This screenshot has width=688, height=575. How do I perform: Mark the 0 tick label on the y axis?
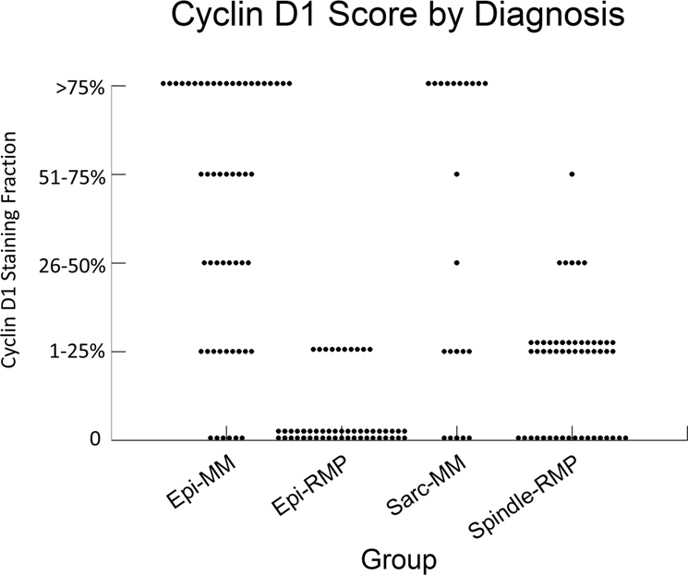point(94,439)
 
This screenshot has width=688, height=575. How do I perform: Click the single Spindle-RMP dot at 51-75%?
point(573,174)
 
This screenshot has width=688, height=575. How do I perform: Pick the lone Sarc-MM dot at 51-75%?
point(456,174)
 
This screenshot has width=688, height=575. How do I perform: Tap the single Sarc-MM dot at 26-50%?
point(456,263)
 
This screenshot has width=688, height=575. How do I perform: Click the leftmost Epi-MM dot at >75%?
point(163,84)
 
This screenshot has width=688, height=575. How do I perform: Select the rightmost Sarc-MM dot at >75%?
point(486,84)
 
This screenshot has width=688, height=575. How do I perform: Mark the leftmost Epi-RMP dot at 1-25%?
point(314,350)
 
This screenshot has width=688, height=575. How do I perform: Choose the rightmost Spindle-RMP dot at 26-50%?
point(585,263)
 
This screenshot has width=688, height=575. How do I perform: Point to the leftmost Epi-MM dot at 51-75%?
point(201,174)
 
